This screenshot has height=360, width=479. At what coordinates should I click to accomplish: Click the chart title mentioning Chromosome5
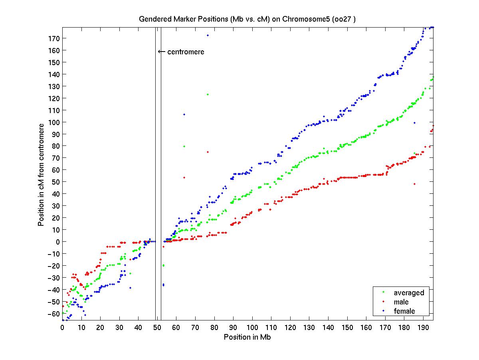coord(250,19)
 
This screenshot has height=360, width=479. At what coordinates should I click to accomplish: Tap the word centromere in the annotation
coord(186,52)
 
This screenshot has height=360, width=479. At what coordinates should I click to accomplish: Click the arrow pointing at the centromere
coord(161,52)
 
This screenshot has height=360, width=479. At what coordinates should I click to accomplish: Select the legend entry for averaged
coord(409,293)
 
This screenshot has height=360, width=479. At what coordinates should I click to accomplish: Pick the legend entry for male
coord(401,302)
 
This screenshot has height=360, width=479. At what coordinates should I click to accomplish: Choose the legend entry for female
coord(404,311)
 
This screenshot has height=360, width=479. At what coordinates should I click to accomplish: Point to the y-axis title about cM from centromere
coord(41,175)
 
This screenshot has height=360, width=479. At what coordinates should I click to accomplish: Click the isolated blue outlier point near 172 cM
coord(208,35)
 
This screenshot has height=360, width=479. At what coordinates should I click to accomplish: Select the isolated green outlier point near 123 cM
coord(208,94)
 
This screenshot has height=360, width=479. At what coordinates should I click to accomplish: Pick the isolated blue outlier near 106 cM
coord(184,114)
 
